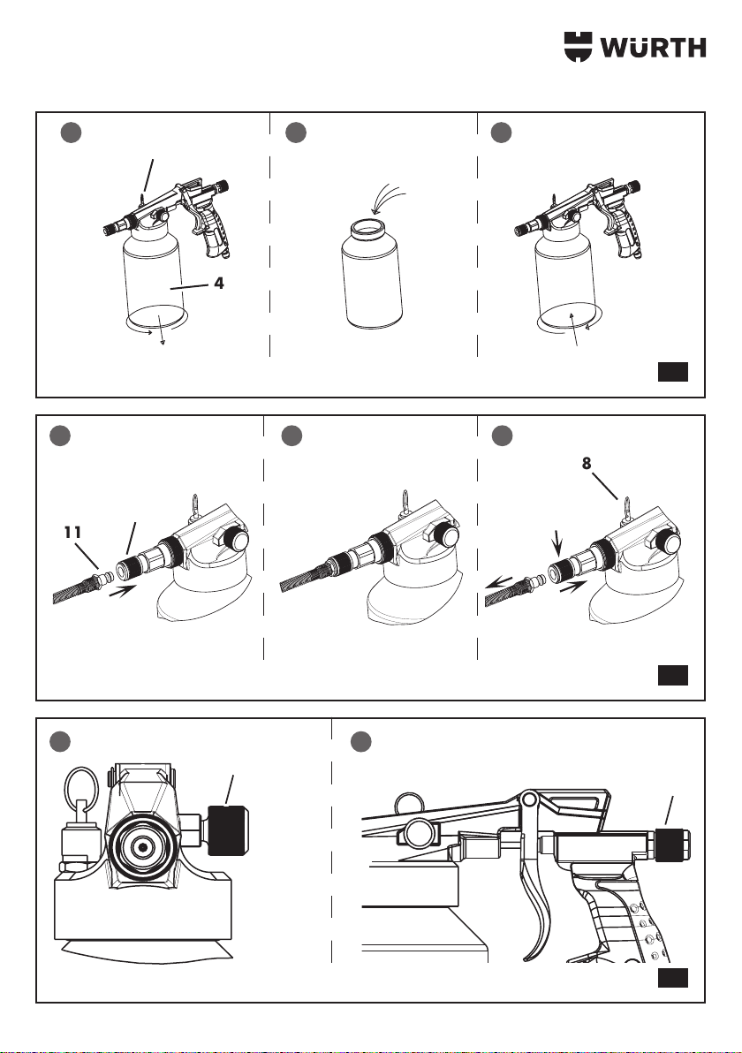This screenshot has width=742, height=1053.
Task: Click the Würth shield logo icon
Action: pos(579,47)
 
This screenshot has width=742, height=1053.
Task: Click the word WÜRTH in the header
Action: pos(653,48)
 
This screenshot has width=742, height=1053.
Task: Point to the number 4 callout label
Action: pos(219,284)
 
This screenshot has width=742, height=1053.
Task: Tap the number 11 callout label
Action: pos(72,532)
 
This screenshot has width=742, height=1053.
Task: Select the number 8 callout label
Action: pos(587,463)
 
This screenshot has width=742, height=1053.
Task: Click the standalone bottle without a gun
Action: pos(372,275)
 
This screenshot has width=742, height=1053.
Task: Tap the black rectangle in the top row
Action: pos(673,372)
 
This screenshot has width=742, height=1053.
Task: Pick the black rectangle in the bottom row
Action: pos(673,979)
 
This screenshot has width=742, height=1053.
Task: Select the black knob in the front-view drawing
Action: pos(228,830)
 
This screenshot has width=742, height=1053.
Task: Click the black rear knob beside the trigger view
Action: pos(671,846)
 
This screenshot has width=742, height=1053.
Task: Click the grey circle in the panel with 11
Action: pos(60,436)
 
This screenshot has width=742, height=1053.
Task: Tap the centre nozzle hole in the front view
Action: pos(142,847)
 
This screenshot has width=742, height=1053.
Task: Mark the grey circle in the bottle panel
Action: pos(295,133)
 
